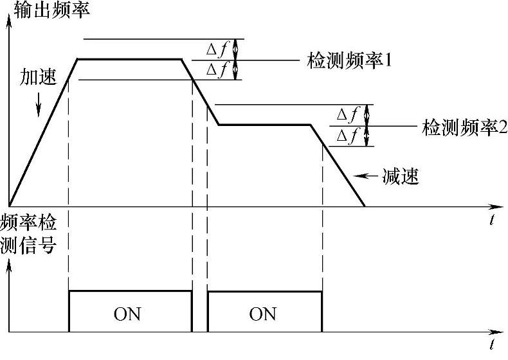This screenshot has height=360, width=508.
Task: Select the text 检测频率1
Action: pyautogui.click(x=350, y=61)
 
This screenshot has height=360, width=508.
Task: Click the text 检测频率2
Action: pyautogui.click(x=465, y=126)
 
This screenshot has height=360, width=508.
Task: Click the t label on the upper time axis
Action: pyautogui.click(x=491, y=221)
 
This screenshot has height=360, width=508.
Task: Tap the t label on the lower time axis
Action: pyautogui.click(x=491, y=346)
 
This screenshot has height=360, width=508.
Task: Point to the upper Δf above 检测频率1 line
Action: pyautogui.click(x=215, y=50)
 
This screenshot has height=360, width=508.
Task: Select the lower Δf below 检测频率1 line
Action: pyautogui.click(x=215, y=70)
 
